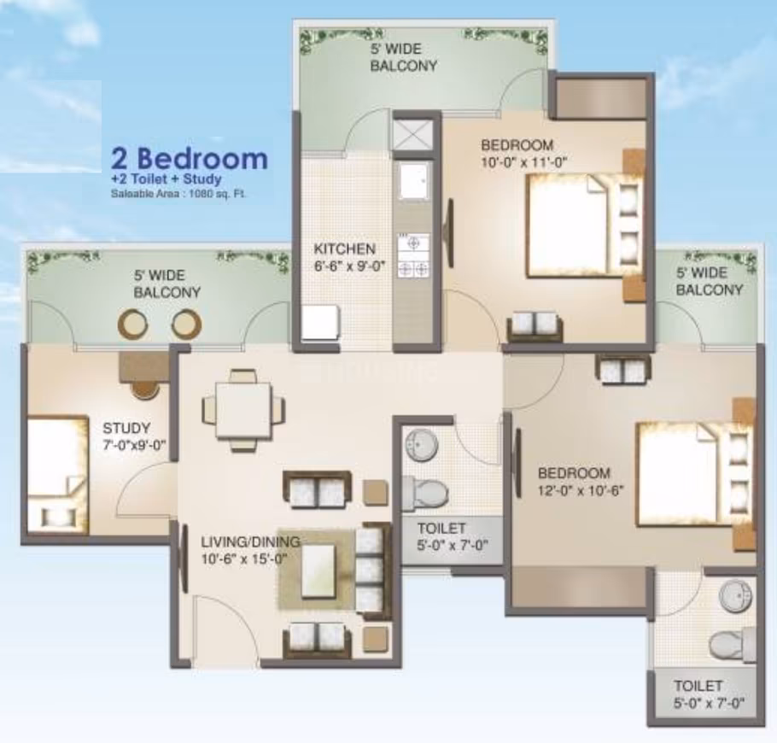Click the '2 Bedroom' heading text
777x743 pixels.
[x=190, y=159]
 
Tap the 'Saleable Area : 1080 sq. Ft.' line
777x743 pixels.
[x=178, y=194]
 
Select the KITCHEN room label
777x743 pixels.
[x=344, y=249]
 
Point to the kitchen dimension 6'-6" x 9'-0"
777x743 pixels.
[x=349, y=266]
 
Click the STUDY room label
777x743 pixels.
[x=126, y=428]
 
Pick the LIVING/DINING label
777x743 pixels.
[x=251, y=541]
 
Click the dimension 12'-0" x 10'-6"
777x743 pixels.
[x=581, y=490]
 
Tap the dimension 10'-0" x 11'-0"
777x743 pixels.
[x=523, y=162]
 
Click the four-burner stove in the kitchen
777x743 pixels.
[x=413, y=255]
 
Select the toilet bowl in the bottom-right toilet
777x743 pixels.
[x=733, y=645]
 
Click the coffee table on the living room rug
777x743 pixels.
[x=317, y=571]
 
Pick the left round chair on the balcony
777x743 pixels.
[x=132, y=324]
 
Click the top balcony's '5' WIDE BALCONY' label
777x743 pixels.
[x=403, y=57]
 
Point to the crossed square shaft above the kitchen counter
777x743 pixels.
[x=412, y=134]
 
